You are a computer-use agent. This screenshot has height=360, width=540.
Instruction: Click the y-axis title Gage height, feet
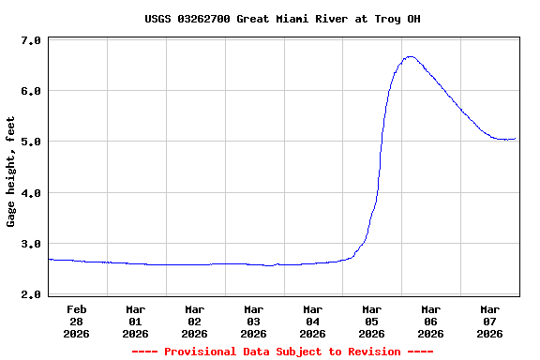click(11, 172)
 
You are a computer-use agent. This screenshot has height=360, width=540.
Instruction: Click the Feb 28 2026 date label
click(77, 321)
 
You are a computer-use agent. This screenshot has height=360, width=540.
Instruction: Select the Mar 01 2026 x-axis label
click(136, 321)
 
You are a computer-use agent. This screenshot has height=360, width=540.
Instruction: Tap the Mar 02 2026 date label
click(195, 321)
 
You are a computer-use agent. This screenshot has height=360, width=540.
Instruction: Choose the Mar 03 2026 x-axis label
click(254, 321)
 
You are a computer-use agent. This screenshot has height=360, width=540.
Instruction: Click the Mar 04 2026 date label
click(313, 321)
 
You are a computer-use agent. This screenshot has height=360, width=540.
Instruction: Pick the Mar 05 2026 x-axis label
click(372, 321)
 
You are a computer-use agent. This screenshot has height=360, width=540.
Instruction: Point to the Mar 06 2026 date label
click(431, 321)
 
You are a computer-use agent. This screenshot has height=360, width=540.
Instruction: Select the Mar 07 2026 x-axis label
click(490, 321)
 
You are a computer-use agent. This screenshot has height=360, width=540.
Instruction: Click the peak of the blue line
click(410, 57)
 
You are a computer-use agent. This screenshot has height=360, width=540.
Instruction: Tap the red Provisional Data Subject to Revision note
click(282, 352)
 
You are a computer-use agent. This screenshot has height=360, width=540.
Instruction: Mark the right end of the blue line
click(515, 139)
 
